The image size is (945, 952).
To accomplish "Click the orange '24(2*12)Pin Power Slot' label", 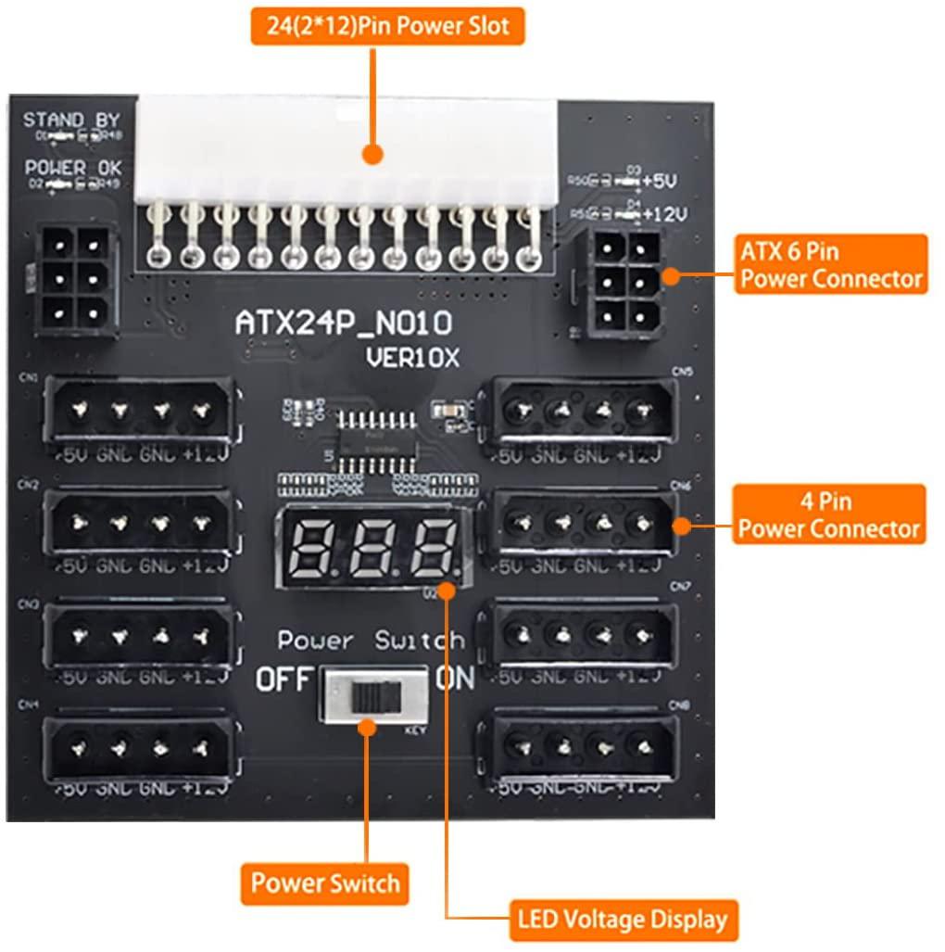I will click(387, 26).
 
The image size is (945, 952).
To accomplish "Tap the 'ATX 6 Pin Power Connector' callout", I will click(831, 264).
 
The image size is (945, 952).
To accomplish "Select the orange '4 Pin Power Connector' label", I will click(828, 514).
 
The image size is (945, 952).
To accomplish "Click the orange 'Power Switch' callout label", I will click(325, 882).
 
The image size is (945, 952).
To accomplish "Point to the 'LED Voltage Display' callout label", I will click(623, 920).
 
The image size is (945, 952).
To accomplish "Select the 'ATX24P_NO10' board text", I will click(345, 324).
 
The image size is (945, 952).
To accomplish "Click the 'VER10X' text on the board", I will click(412, 358).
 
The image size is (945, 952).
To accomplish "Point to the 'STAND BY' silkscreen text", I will click(71, 121).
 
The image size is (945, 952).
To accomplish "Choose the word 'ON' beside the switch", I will click(456, 679).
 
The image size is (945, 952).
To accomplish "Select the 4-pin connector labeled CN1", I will click(140, 408).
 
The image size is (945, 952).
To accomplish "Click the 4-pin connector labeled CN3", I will click(140, 636).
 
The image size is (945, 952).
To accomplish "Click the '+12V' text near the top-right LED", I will click(666, 215).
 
